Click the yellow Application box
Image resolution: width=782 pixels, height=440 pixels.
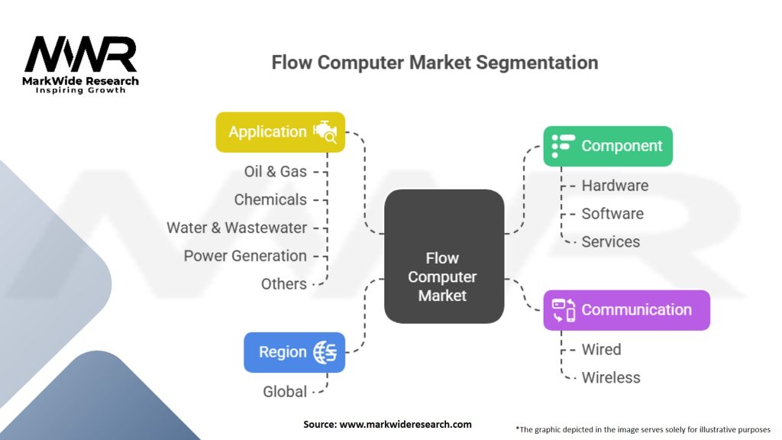click(280, 131)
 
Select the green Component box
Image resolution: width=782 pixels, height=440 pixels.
click(608, 146)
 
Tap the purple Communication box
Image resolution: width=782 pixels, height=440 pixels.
click(626, 309)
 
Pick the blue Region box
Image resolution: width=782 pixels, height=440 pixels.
click(294, 352)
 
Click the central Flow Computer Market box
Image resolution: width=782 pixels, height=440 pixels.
click(443, 256)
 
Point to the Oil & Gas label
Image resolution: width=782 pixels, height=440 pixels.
click(275, 171)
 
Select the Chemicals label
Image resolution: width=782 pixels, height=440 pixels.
click(270, 199)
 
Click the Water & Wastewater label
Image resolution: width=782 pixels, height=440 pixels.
click(237, 228)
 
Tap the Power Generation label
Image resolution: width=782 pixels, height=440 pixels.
click(245, 256)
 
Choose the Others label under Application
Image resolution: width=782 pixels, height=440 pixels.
click(283, 284)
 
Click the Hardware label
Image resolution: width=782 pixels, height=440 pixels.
click(615, 186)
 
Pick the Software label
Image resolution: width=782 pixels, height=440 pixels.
click(612, 214)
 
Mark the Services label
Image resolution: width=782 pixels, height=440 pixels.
click(611, 242)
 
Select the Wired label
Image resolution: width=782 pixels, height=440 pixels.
click(601, 350)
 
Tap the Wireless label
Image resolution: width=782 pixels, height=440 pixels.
click(611, 377)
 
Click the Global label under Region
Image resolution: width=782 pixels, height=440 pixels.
click(285, 392)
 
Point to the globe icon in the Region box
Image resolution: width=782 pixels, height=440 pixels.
click(325, 352)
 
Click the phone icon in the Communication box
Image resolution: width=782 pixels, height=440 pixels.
click(564, 310)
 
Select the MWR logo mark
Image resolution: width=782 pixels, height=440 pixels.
click(80, 55)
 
